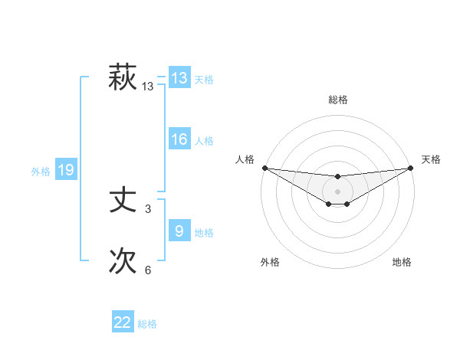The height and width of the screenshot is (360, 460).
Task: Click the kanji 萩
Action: pos(123,78)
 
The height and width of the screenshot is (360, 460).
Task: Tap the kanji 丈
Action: pos(123,201)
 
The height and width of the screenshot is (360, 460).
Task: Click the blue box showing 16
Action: pos(179,139)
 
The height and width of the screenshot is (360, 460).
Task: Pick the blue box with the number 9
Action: pos(179,231)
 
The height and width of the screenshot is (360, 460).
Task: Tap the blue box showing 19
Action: pos(66,170)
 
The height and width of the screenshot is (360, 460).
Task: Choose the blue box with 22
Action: pos(123,322)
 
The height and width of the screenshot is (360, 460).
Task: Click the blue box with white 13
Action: pos(179,78)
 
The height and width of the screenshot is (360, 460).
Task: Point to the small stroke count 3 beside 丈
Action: pos(148,208)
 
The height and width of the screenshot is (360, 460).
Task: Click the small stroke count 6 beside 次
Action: pos(148,270)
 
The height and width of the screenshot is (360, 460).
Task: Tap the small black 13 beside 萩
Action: pos(148,87)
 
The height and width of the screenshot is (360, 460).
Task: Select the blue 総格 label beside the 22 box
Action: pos(147,324)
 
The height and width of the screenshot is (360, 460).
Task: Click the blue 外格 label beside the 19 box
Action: pos(41,172)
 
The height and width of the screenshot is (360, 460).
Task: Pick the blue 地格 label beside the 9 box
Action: pos(204,233)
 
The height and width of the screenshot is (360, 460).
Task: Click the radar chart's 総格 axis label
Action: pos(337,100)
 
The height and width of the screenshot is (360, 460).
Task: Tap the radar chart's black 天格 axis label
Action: pos(431,159)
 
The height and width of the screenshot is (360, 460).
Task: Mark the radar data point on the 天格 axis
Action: pos(410,168)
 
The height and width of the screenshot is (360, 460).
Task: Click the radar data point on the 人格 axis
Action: pos(264,168)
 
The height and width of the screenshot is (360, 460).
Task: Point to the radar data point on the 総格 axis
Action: pos(337,176)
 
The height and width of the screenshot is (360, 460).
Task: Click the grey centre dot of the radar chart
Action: pos(337,191)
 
